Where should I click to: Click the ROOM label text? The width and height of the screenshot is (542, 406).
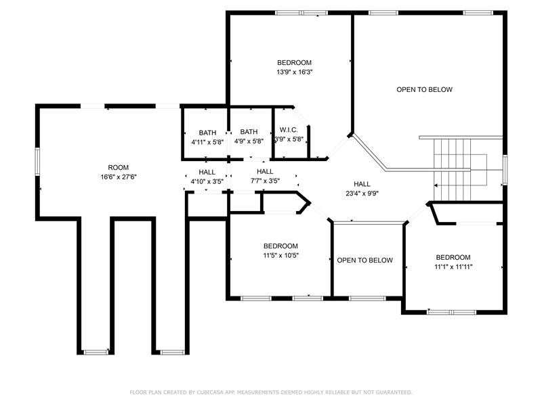[118, 167]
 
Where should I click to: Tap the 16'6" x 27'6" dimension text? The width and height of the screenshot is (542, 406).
[119, 177]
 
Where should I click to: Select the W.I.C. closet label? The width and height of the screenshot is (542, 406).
[289, 130]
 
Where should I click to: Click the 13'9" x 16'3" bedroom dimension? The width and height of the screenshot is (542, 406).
[295, 72]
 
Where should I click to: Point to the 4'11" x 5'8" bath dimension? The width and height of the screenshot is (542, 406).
[207, 142]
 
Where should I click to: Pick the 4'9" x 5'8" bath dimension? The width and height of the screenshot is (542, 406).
[249, 141]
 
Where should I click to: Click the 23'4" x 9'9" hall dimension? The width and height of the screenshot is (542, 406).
[362, 194]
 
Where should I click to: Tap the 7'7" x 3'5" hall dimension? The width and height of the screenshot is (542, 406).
[265, 181]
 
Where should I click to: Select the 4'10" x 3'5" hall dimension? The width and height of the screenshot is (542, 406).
[207, 181]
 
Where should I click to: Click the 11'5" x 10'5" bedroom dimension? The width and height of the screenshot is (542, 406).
[280, 256]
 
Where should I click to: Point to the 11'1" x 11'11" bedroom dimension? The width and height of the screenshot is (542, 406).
[453, 267]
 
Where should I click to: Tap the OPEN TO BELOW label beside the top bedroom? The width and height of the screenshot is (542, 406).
[425, 90]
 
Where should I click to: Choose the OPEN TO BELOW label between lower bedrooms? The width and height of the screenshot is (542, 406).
[365, 261]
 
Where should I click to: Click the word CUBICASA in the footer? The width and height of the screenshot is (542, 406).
[210, 392]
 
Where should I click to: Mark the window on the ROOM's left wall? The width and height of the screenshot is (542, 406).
[37, 162]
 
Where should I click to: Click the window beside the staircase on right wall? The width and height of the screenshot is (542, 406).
[505, 170]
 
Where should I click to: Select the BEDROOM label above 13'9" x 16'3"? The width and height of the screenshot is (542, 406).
[295, 62]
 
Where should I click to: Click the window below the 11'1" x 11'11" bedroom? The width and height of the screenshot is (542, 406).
[451, 312]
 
